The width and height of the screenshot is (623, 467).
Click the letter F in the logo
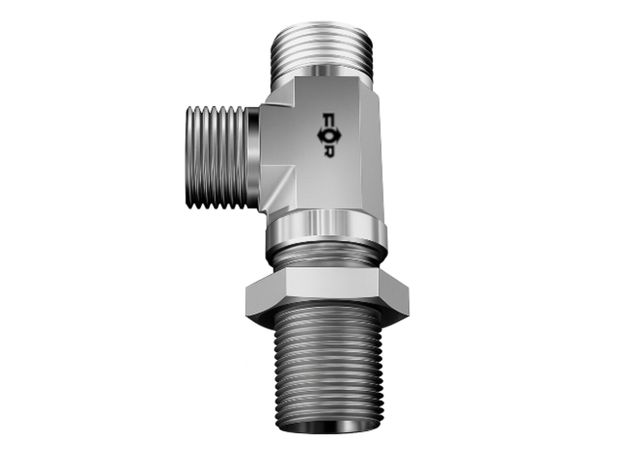click(328, 120)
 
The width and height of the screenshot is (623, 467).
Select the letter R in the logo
click(329, 151)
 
